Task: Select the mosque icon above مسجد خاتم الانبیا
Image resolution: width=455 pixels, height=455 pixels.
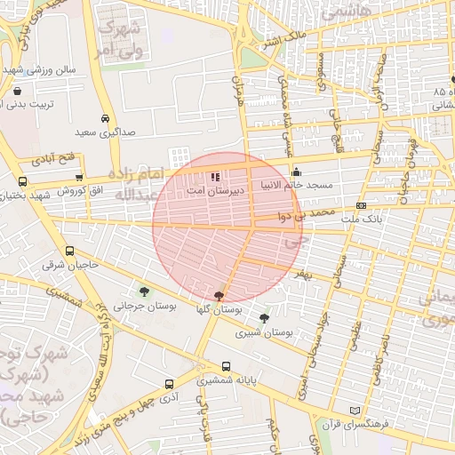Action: pyautogui.click(x=296, y=172)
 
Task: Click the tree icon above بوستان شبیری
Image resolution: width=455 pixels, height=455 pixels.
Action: pyautogui.click(x=264, y=318)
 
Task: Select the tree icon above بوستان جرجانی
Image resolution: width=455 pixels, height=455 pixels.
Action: pyautogui.click(x=144, y=291)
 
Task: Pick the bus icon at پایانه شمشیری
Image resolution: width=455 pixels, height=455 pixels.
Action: pyautogui.click(x=226, y=366)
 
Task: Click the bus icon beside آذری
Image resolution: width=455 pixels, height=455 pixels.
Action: pyautogui.click(x=169, y=385)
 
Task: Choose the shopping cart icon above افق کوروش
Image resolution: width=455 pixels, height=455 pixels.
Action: pyautogui.click(x=81, y=178)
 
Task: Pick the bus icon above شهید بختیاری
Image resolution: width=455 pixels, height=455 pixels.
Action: pyautogui.click(x=22, y=181)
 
